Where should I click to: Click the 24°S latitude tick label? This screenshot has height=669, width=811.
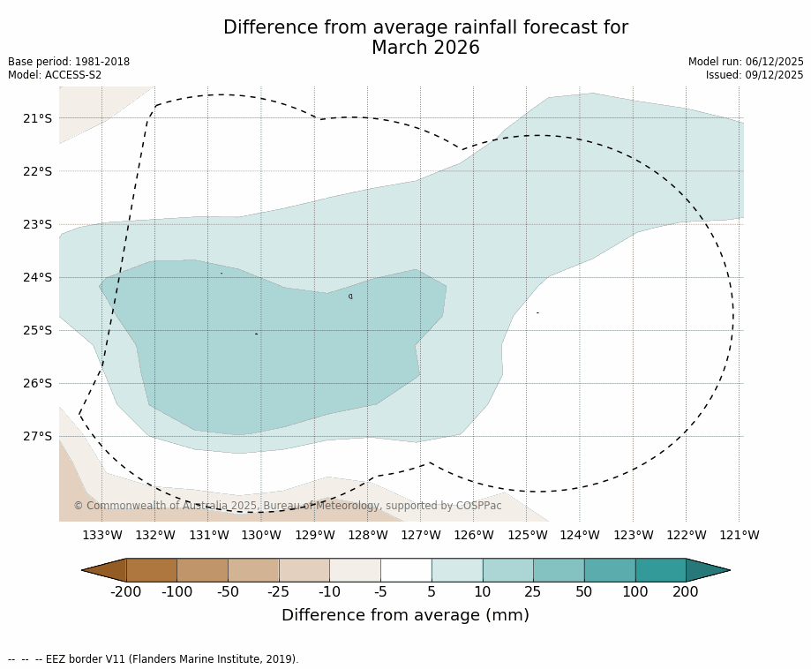37,277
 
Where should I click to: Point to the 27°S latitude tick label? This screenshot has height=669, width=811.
37,436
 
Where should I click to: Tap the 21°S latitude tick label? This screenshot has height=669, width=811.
37,118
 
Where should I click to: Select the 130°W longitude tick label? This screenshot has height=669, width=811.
261,535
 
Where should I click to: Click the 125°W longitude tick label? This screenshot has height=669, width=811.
527,535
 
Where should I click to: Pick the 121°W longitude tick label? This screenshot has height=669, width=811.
740,535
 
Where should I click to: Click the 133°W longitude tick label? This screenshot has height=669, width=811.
102,535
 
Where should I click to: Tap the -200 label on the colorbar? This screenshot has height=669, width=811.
126,592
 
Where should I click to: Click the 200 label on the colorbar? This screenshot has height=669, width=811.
686,592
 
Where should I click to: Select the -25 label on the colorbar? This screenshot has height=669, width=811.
279,592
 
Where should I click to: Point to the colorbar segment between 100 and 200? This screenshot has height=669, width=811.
660,570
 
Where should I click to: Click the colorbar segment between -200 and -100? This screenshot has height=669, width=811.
152,570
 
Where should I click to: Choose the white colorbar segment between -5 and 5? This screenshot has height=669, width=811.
406,570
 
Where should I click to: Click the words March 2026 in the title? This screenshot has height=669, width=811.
425,49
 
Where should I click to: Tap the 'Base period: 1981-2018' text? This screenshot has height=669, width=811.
69,62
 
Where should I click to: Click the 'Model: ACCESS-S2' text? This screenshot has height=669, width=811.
55,75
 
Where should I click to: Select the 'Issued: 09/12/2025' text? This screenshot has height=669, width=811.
755,75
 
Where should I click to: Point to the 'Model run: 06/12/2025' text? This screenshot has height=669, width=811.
746,62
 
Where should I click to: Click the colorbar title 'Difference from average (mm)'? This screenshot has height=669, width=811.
405,616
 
